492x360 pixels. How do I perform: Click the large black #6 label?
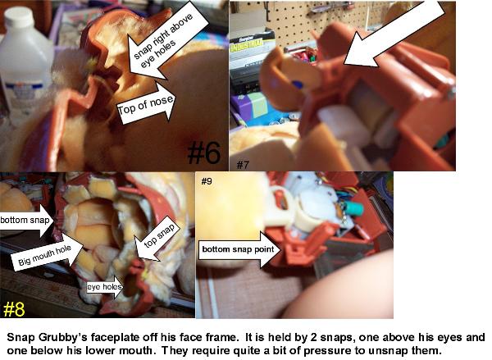[x=204, y=153]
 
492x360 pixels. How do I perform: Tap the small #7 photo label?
[x=243, y=165]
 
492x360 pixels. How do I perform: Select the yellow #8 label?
[x=14, y=309]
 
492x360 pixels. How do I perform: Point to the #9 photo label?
[x=207, y=181]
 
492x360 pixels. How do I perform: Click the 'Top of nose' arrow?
[x=147, y=104]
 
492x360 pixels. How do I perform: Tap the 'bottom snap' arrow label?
[x=27, y=220]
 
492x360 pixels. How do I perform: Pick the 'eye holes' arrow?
[x=106, y=286]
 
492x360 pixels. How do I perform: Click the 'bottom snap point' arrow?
[x=240, y=249]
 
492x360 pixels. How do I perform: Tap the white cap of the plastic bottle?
[x=19, y=17]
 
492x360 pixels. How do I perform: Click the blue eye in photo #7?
[x=297, y=84]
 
